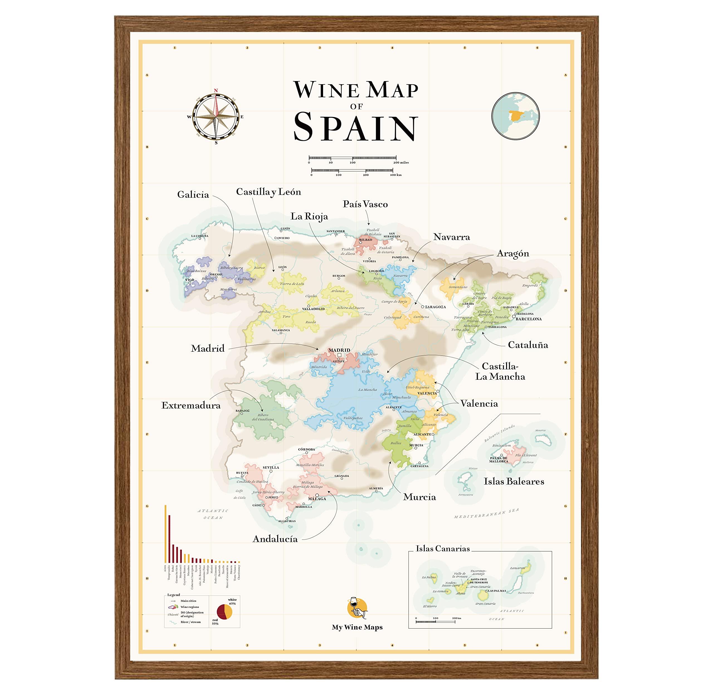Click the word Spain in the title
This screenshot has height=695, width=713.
click(355, 127)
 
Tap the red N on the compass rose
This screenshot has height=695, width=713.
click(216, 90)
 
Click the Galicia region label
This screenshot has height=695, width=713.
click(193, 194)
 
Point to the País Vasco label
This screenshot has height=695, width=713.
click(365, 204)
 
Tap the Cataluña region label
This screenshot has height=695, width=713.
click(528, 345)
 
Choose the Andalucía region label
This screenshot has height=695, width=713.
click(275, 539)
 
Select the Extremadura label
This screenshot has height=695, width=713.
click(191, 406)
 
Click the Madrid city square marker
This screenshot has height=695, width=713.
click(339, 355)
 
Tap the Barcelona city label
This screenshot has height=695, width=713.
click(528, 319)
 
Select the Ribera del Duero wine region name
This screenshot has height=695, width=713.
click(350, 308)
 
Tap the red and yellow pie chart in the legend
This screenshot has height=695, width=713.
click(224, 612)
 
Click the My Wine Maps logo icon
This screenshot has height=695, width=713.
click(357, 608)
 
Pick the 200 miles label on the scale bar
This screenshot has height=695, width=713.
click(401, 162)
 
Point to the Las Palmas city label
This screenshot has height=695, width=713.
click(497, 591)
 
